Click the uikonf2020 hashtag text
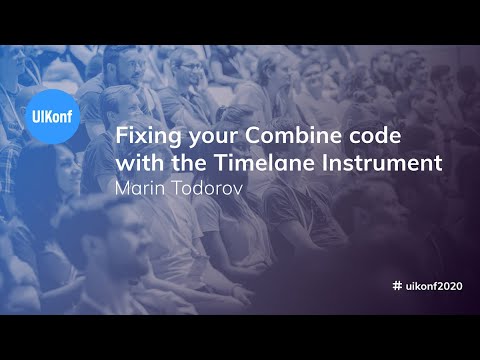pos(435,286)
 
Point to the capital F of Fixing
pos(122,136)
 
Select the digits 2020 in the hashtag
pos(452,286)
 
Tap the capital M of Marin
pos(123,185)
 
